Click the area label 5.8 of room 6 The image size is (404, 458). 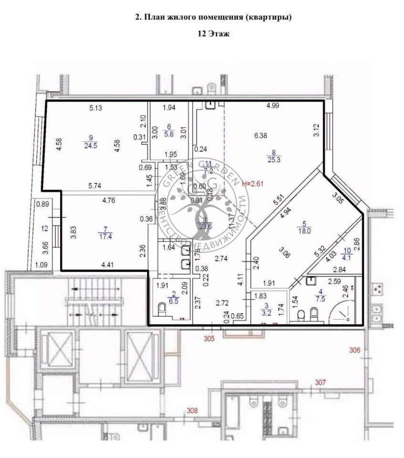point(168,135)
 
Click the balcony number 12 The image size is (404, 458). point(44,229)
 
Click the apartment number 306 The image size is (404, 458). point(354,351)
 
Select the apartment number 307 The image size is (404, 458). point(320,382)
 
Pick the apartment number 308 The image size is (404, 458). point(192,411)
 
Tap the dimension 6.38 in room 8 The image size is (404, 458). point(260,135)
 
